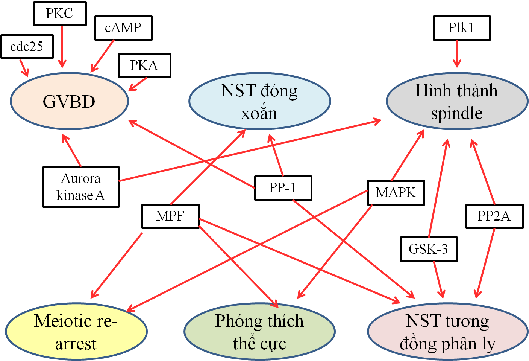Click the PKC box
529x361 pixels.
[60, 14]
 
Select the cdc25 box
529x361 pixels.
[27, 47]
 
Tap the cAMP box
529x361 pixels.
[123, 28]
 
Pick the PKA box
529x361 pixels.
[144, 65]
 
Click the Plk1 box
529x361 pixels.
[462, 28]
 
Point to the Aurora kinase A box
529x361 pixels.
[81, 187]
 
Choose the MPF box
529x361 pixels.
[170, 216]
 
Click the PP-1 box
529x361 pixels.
[283, 187]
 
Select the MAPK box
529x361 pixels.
[396, 192]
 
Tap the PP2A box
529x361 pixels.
[494, 216]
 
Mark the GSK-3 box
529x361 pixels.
[428, 249]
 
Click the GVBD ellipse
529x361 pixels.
[69, 102]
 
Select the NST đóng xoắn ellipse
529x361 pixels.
[259, 102]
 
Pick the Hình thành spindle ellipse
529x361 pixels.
[456, 102]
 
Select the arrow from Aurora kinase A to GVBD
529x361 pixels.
[72, 150]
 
